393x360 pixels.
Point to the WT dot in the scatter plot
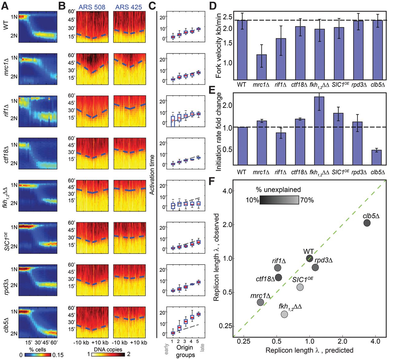point(309,258)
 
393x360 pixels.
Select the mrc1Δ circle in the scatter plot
point(260,302)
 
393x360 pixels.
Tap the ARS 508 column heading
point(92,7)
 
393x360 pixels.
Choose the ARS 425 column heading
point(129,7)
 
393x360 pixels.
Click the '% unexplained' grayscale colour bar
point(279,200)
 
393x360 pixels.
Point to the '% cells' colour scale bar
point(37,354)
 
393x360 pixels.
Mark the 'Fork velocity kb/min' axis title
point(218,45)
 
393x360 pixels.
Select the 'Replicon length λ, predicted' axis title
point(309,350)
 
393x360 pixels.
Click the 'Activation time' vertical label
point(152,175)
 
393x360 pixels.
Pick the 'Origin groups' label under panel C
point(185,351)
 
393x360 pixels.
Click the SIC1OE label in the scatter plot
point(302,279)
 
